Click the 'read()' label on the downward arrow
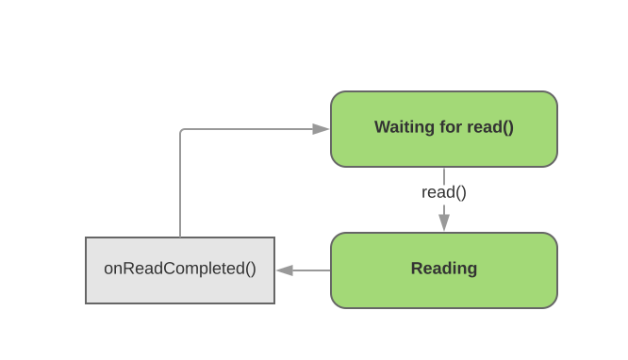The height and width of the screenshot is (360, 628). pos(443,192)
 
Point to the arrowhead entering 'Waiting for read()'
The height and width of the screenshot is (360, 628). pos(322,129)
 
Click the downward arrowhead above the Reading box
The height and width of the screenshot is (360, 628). pos(443,222)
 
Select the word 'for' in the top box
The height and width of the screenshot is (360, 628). pos(450,127)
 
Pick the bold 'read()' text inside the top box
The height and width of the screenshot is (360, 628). pos(490,127)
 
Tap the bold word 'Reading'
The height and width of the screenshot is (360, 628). pos(443,269)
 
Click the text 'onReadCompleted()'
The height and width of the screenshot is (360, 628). pos(179,269)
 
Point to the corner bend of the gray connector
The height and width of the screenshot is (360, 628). pos(181,130)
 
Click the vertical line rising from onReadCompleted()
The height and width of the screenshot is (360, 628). pos(180,188)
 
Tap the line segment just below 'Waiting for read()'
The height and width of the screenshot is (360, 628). pos(443,174)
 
